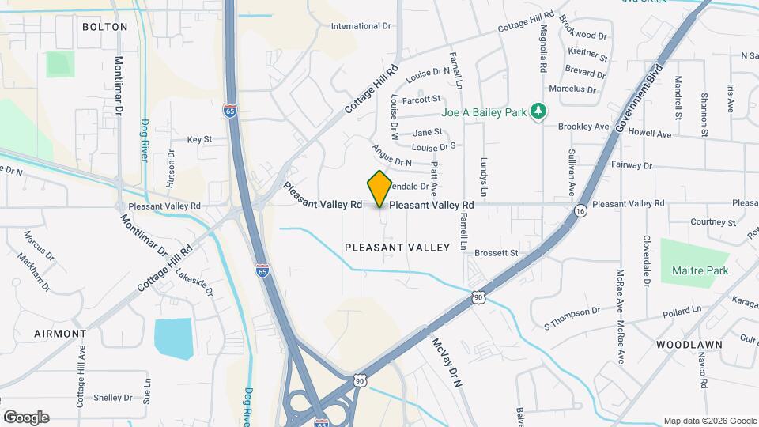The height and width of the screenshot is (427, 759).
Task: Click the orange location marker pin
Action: coord(379,188)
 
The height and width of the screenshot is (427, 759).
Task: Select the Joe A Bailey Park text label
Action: coord(484,112)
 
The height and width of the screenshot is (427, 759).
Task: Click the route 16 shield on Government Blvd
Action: coord(580,211)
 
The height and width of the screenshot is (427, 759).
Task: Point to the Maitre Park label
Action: coord(699,270)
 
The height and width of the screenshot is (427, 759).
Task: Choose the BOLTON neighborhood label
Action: coord(104,26)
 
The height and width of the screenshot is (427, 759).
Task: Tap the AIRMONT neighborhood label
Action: coord(60,334)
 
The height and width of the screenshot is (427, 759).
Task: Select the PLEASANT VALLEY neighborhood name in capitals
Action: coord(397,248)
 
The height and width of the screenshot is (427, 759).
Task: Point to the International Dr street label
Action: coord(361,26)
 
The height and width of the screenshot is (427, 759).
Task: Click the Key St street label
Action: coord(199,139)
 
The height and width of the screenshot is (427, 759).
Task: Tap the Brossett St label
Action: coord(496,253)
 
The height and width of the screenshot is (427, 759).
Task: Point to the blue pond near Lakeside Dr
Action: coord(173,338)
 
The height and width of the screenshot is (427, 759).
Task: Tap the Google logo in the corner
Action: coord(26,417)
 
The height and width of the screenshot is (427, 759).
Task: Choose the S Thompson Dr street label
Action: coord(572,318)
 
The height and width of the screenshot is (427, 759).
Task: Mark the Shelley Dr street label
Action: coord(113,398)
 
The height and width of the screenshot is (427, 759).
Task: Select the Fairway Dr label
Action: coord(631,166)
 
